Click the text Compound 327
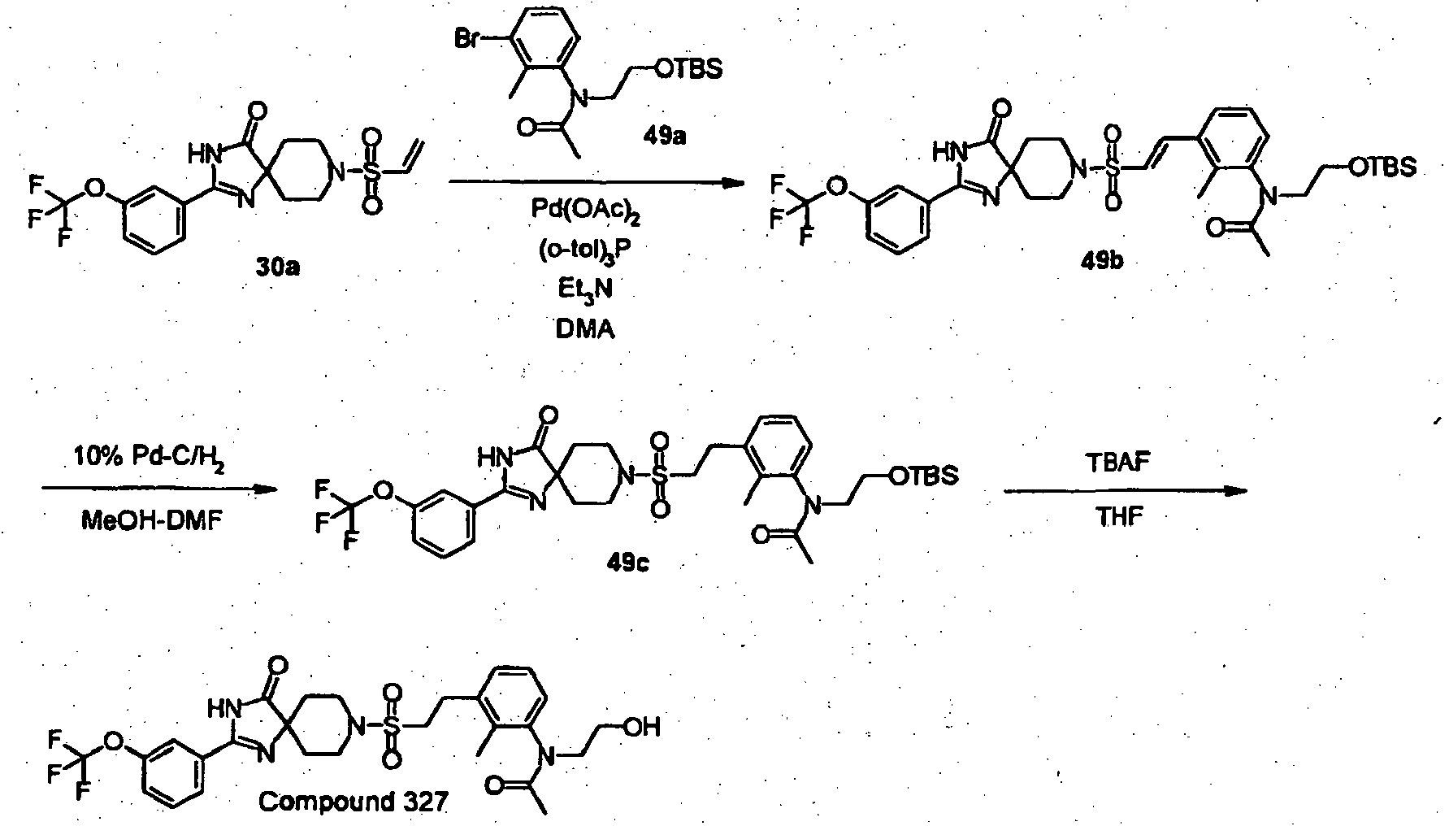354,802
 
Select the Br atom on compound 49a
466,40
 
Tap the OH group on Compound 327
642,726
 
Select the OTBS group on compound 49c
923,476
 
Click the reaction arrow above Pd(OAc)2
597,184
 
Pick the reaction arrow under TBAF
1126,490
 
